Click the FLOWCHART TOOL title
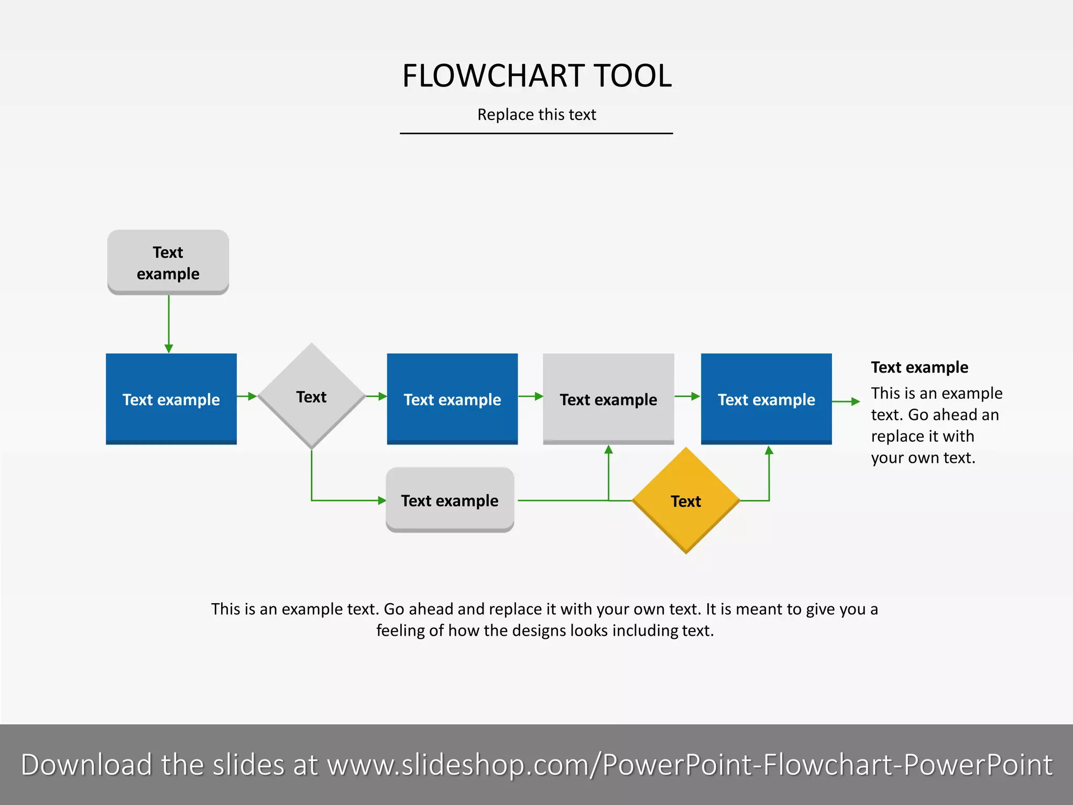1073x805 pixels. click(536, 76)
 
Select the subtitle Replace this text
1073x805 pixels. click(536, 114)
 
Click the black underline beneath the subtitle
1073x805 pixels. click(536, 133)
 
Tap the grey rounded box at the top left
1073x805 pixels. click(168, 262)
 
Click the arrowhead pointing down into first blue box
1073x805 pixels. click(169, 348)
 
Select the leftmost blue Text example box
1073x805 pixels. click(171, 399)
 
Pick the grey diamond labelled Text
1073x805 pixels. click(312, 397)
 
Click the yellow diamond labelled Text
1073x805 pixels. click(686, 501)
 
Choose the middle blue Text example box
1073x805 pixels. click(452, 399)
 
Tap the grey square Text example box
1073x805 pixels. click(608, 399)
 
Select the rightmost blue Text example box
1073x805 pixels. click(766, 399)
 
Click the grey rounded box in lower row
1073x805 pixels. click(450, 500)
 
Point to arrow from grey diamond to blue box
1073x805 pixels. click(376, 396)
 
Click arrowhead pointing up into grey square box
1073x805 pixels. click(608, 450)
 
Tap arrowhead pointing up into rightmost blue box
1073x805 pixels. click(769, 450)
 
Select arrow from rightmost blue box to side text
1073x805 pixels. click(846, 401)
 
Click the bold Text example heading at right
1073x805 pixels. click(919, 367)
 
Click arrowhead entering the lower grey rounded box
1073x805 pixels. click(382, 501)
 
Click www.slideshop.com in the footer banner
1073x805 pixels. click(461, 765)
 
